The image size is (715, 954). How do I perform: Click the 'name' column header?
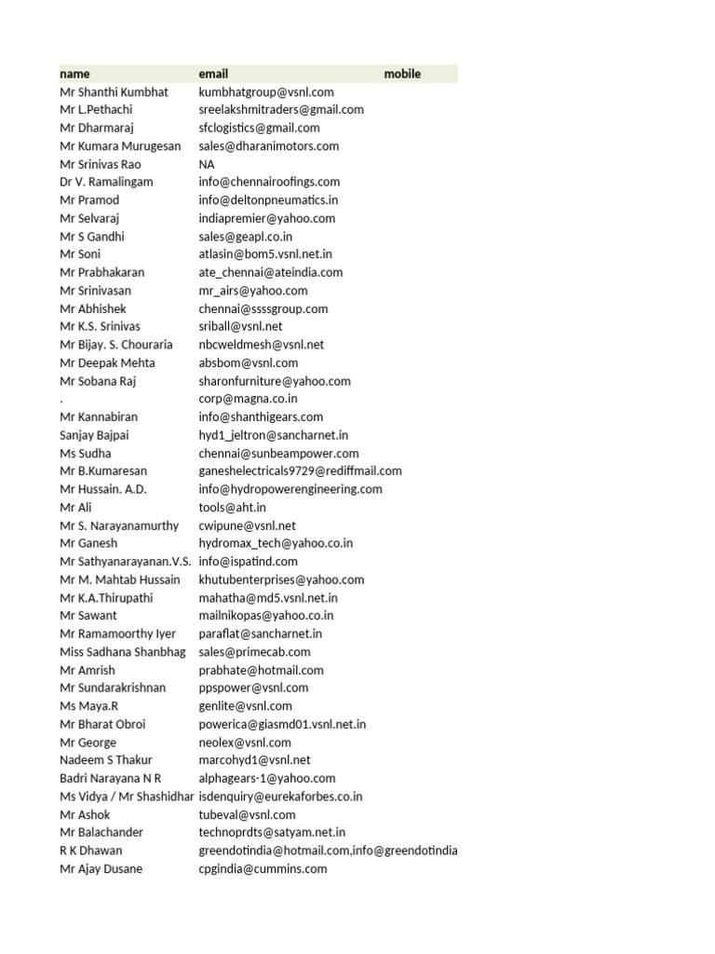(75, 74)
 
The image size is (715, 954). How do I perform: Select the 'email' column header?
(213, 74)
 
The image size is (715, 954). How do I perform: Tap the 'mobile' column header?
(402, 74)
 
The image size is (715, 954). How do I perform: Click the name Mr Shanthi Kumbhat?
(114, 92)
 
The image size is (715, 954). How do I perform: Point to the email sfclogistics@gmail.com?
(259, 128)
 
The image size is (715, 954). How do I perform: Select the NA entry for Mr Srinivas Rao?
(207, 164)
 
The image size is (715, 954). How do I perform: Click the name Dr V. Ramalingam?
(106, 182)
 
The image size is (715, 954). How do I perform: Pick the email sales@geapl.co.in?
(245, 236)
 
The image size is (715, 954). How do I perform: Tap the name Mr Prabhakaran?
(102, 272)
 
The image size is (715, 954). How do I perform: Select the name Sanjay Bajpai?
(95, 435)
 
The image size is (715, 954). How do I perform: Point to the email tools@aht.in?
(232, 507)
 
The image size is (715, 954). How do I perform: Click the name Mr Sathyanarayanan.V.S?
(126, 561)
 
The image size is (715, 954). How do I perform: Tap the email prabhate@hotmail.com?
(261, 670)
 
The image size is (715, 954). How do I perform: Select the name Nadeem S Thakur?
(105, 760)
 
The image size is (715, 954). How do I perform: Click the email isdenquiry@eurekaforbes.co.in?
(280, 797)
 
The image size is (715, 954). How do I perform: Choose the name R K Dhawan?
(90, 851)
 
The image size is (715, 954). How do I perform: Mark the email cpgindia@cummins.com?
(263, 868)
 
